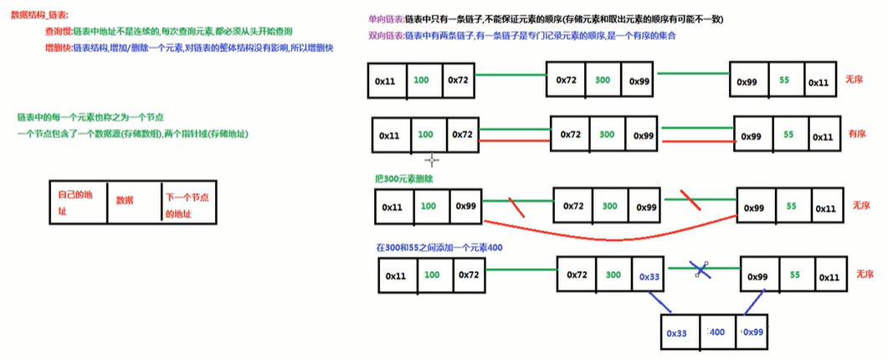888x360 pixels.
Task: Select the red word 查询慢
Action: [x=59, y=30]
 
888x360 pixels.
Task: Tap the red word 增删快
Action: [x=59, y=48]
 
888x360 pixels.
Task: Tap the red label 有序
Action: [x=856, y=133]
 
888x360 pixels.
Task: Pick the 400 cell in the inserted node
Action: [x=716, y=332]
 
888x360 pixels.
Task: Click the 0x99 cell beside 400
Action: [x=754, y=332]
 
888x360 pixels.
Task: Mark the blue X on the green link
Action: [x=699, y=269]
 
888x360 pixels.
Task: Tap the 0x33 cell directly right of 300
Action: [x=649, y=276]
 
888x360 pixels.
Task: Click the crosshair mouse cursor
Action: [x=432, y=159]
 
